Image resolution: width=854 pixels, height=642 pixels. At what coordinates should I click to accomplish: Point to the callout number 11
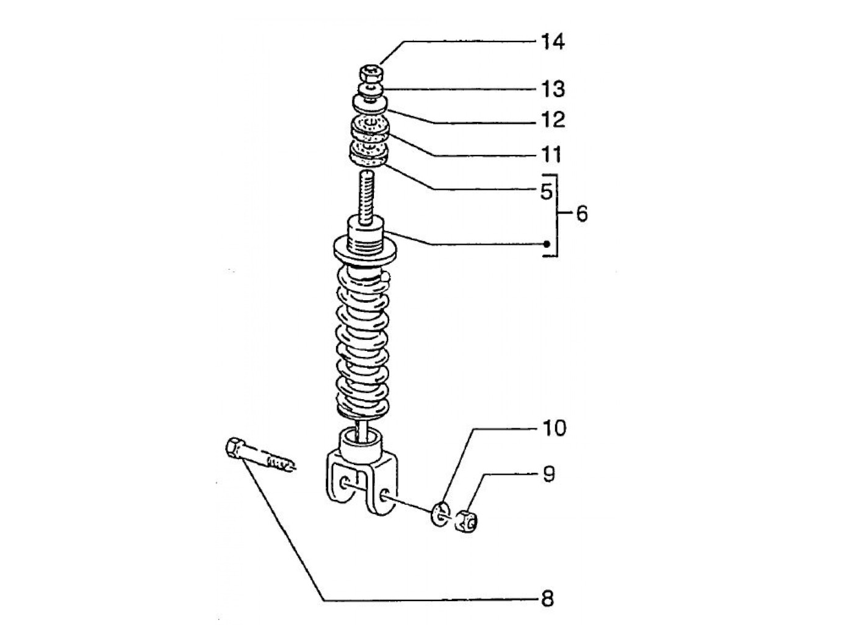551,155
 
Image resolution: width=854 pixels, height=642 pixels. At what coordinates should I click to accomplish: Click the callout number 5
547,192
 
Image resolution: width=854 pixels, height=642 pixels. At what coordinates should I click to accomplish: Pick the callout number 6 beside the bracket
581,214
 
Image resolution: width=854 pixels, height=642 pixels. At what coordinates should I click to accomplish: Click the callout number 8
547,599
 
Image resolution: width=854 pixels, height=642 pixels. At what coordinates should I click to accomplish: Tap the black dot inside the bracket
547,244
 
